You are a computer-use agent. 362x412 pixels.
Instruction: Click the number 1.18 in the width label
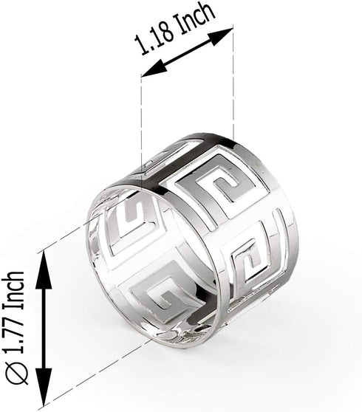154,38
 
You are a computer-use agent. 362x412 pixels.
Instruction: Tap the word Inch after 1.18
195,17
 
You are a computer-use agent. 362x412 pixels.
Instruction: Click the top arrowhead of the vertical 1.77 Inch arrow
44,264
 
